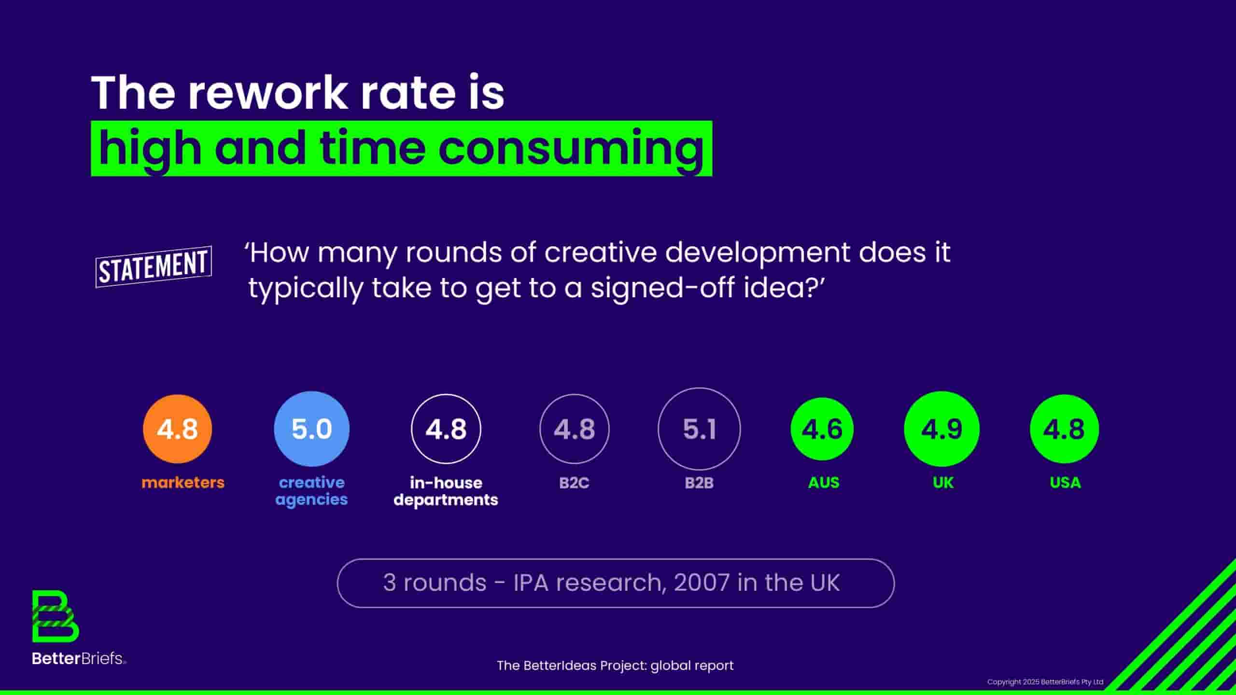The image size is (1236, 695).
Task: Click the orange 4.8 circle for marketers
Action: coord(177,429)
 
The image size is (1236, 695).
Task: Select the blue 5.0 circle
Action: coord(311,429)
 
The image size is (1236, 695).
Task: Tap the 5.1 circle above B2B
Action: coord(699,429)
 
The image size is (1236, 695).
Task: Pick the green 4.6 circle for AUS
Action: coord(822,429)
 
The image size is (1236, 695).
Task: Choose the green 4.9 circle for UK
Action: coord(941,429)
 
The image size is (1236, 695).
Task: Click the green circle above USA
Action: coord(1064,429)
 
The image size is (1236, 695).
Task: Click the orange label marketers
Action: coord(183,482)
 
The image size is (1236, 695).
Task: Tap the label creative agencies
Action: coord(311,491)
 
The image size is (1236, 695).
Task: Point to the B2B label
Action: coord(699,483)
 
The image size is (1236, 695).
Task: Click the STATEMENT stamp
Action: coord(154,267)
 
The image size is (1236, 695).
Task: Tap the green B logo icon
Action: coord(56,616)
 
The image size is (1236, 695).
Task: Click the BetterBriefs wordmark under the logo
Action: coord(79,658)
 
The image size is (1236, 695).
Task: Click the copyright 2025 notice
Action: coord(1045,681)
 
